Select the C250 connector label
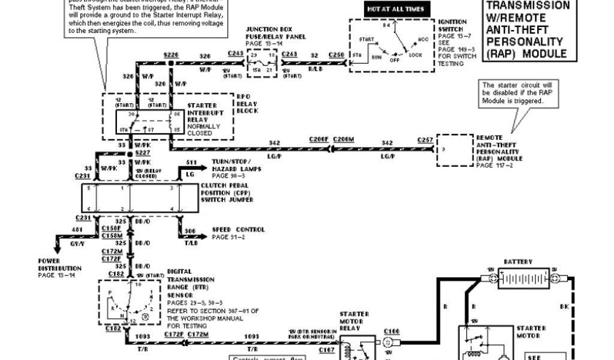pyautogui.click(x=336, y=55)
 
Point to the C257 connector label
pyautogui.click(x=426, y=139)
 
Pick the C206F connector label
pyautogui.click(x=319, y=139)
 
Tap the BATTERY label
pyautogui.click(x=518, y=262)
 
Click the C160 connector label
pyautogui.click(x=391, y=331)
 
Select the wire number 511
pyautogui.click(x=191, y=162)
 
